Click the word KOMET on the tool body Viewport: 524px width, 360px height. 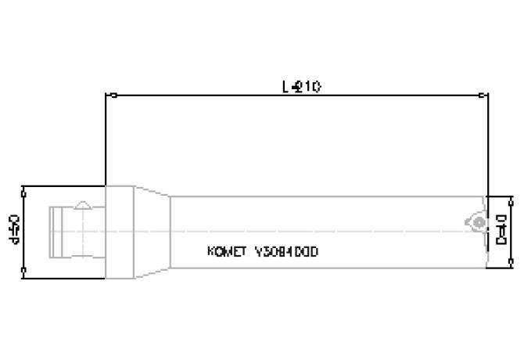pos(225,252)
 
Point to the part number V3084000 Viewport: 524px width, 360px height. pos(288,252)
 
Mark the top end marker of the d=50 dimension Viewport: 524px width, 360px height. pos(25,188)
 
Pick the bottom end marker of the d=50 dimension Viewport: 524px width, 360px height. pos(25,272)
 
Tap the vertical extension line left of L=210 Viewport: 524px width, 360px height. pos(106,141)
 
